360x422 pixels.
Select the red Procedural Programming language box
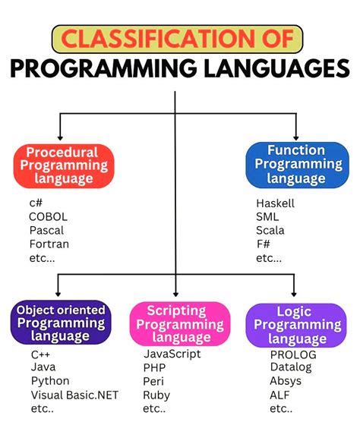tap(63, 165)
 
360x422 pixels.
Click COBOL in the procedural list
tap(49, 217)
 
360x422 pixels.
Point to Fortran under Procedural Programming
tap(49, 244)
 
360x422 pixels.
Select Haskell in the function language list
tap(275, 203)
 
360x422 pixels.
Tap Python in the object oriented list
tap(50, 381)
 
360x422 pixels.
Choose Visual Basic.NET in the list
tap(69, 395)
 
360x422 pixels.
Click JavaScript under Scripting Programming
tap(172, 354)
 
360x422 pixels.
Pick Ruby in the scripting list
tap(156, 395)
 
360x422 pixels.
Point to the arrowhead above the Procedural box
tap(59, 137)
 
